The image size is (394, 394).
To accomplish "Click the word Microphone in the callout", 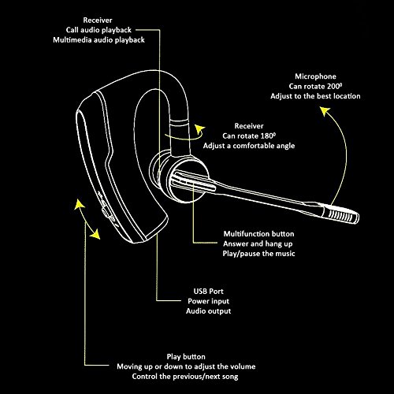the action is coord(315,76).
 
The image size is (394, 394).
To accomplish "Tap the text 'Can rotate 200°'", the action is coord(315,86).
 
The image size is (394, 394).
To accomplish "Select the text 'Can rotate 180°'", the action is coord(249,136).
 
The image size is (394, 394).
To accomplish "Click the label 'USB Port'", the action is coord(208,291).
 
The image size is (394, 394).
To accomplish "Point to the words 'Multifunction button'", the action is coord(258,234).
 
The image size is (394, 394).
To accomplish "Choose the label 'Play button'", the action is coord(186,357).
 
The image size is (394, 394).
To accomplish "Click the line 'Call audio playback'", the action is coord(98,30).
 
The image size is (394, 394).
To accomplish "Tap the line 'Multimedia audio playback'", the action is coord(98,40).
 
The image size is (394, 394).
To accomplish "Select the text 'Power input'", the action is coord(208,301).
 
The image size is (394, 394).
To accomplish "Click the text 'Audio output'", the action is coord(208,311).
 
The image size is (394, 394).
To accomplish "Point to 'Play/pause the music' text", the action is coord(258,254).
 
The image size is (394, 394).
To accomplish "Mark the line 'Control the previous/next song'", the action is coord(185,377).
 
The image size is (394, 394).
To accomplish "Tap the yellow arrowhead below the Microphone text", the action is coord(325,111).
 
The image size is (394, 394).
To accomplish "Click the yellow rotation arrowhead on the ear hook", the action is coord(200,129).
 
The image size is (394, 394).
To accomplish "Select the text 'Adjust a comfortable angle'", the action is coord(249,146).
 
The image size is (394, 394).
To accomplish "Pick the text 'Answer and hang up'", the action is coord(258,243).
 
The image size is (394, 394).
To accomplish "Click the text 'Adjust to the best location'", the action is coord(315,96).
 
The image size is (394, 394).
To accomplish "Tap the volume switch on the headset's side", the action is coord(106,211).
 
